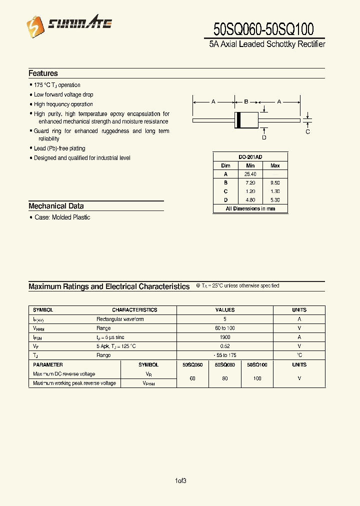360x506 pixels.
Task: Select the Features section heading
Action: [43, 73]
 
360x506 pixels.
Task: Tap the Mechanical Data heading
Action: [56, 206]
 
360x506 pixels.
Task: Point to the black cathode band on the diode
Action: [238, 120]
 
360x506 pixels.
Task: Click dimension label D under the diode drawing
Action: [264, 137]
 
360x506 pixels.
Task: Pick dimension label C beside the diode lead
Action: [307, 132]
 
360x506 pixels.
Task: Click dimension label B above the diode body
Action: [246, 101]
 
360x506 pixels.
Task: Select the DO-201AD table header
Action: [250, 156]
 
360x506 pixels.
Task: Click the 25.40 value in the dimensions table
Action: [250, 174]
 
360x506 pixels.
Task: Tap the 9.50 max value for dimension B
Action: [275, 183]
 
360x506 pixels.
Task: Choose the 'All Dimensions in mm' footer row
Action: [250, 208]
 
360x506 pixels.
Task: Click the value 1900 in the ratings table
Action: [225, 337]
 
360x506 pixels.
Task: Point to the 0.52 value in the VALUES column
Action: [225, 346]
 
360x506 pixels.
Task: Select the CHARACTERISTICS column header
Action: [134, 310]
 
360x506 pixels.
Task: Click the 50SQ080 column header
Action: [225, 365]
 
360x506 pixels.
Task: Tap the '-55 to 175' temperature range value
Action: [225, 355]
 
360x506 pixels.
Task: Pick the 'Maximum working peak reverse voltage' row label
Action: [74, 383]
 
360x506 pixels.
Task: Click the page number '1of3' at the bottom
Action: [180, 481]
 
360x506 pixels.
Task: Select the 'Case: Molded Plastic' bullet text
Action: [62, 217]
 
